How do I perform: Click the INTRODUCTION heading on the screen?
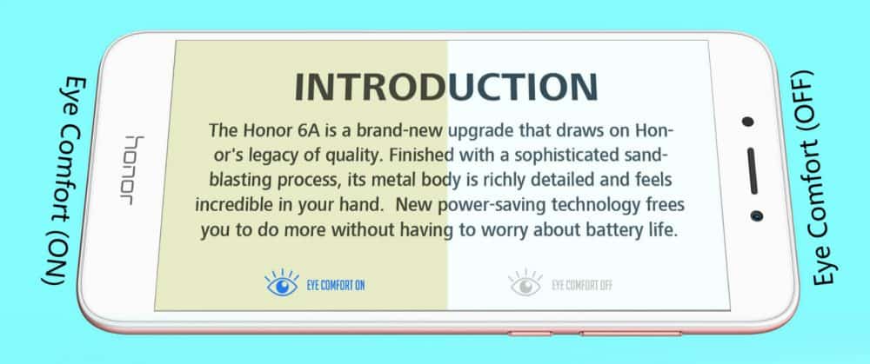(x=446, y=88)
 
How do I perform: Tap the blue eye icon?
(x=283, y=283)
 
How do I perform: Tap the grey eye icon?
(x=525, y=283)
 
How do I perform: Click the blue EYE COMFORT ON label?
(x=336, y=286)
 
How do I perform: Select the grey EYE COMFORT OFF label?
(x=582, y=286)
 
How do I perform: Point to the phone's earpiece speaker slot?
(x=753, y=170)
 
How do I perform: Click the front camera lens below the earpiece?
(x=756, y=215)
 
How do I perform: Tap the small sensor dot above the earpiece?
(x=748, y=122)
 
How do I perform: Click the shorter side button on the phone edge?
(x=530, y=334)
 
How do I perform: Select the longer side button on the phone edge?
(x=630, y=334)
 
